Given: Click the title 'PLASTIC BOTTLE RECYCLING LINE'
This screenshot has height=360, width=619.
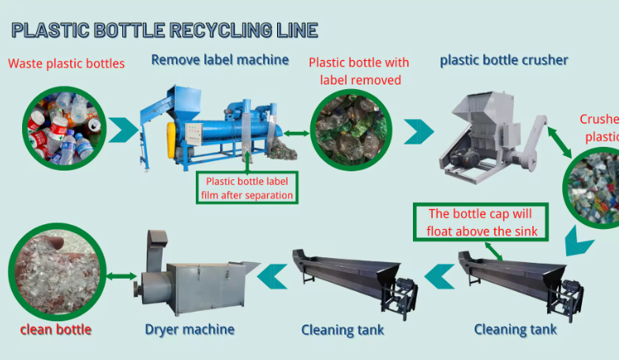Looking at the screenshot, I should click(x=165, y=31).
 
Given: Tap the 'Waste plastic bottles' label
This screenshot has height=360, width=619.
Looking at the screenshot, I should click(x=66, y=64).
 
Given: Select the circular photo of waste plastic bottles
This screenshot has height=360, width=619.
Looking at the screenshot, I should click(x=64, y=129).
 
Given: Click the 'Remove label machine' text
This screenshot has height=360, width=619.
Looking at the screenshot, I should click(x=220, y=59).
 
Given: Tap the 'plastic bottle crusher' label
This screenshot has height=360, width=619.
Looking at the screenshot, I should click(x=504, y=60).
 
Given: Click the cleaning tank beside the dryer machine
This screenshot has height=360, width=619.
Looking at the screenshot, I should click(x=355, y=281).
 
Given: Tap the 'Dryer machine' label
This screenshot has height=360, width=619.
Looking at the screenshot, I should click(x=189, y=328).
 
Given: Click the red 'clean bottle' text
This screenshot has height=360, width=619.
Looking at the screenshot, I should click(x=56, y=329).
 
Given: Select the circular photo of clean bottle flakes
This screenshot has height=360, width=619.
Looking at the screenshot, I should click(x=57, y=272).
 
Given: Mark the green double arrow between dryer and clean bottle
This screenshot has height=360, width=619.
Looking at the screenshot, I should click(x=122, y=276).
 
